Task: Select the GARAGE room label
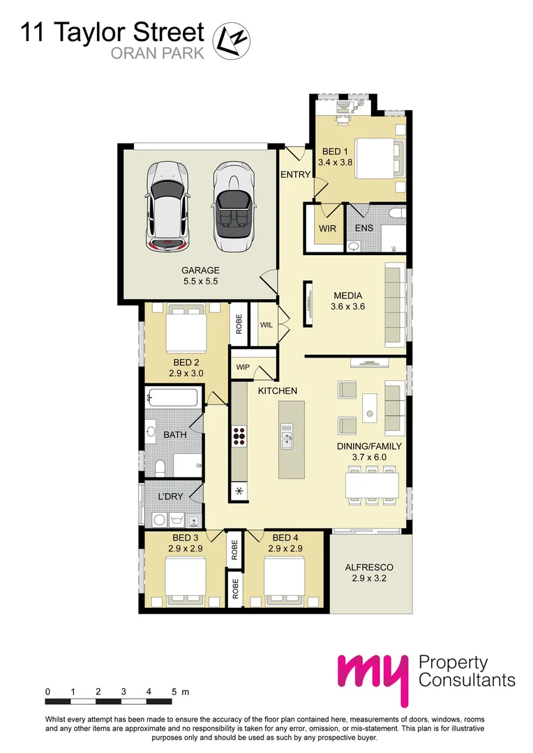[x=200, y=271]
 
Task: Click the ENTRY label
[x=295, y=174]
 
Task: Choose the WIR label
[x=328, y=228]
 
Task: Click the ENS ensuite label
[x=364, y=228]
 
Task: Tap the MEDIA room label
[x=347, y=295]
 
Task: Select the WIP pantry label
[x=243, y=367]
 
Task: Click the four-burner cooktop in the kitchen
[x=239, y=435]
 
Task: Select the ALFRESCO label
[x=370, y=568]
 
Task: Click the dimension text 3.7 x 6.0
[x=370, y=457]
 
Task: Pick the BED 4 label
[x=285, y=538]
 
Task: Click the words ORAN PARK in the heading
[x=158, y=53]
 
